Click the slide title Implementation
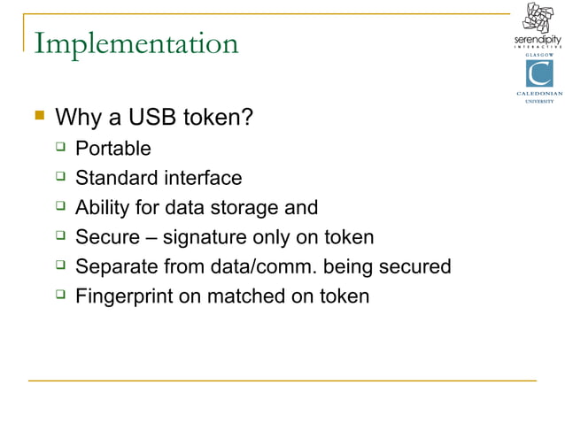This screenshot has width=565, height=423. (135, 43)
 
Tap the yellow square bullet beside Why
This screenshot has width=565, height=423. (38, 116)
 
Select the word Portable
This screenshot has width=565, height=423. (113, 148)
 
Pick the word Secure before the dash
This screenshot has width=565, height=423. (105, 237)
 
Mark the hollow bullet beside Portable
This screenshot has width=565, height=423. (60, 147)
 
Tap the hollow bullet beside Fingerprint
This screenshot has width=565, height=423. (60, 296)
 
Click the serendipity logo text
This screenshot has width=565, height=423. (538, 41)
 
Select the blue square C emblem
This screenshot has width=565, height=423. (539, 74)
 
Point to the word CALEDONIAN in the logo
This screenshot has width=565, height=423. (539, 94)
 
